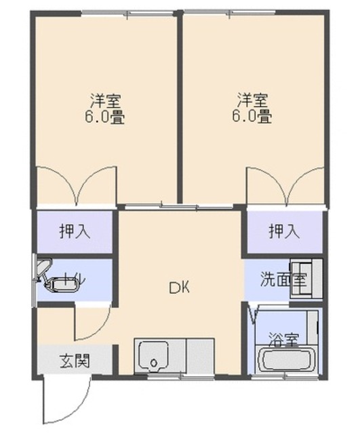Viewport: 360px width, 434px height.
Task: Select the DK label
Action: coord(179,288)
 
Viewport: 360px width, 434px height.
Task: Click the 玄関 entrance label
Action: coord(74,359)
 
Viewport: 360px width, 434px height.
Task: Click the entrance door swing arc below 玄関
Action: coord(64,400)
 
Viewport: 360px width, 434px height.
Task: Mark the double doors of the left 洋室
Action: coord(75,186)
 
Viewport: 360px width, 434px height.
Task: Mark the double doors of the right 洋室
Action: coord(283,186)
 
